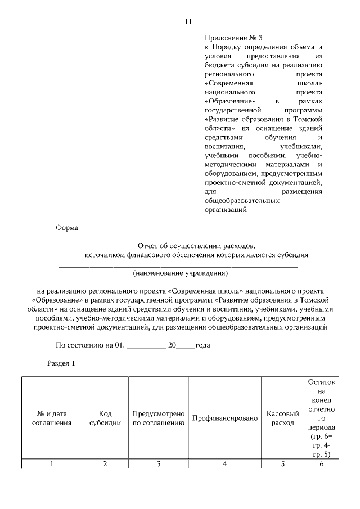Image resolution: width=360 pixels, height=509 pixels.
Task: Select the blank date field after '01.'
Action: point(146,345)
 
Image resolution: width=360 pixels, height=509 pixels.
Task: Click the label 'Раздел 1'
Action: point(61,363)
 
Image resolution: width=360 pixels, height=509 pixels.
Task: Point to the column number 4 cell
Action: point(224,464)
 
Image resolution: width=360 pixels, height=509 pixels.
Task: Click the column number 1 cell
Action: point(52,464)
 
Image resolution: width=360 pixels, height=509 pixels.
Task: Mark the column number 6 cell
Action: point(321,464)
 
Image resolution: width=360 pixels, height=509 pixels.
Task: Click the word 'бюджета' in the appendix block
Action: point(218,65)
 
